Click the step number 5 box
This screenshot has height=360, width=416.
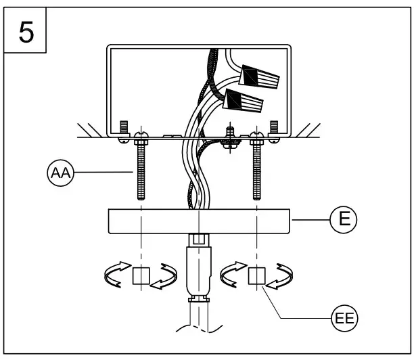pyautogui.click(x=26, y=32)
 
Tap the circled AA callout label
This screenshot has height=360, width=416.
pyautogui.click(x=60, y=173)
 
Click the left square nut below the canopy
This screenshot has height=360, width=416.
pyautogui.click(x=141, y=275)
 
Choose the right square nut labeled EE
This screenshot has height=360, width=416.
pyautogui.click(x=257, y=275)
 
